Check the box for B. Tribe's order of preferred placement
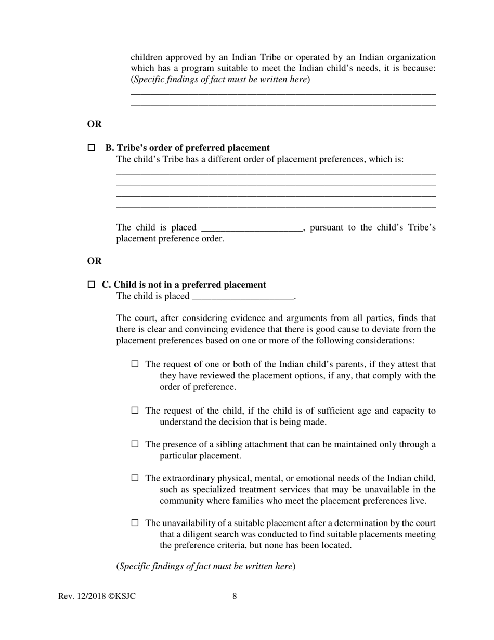pos(92,148)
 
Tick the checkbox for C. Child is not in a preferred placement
pos(92,285)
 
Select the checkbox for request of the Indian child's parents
pos(135,364)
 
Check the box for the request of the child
pos(135,411)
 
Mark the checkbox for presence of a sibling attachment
pos(135,444)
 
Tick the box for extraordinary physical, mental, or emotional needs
pos(135,478)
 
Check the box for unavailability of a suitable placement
pos(135,523)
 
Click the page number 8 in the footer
pos(235,596)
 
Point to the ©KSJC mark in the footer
pos(122,596)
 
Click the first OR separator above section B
pos(94,124)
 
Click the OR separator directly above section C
pos(94,261)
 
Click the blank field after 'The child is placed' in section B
pos(251,228)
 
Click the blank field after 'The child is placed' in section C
pos(243,297)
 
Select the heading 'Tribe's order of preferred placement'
pos(193,148)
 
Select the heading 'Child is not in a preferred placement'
pos(189,285)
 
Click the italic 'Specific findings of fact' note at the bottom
pos(206,566)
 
